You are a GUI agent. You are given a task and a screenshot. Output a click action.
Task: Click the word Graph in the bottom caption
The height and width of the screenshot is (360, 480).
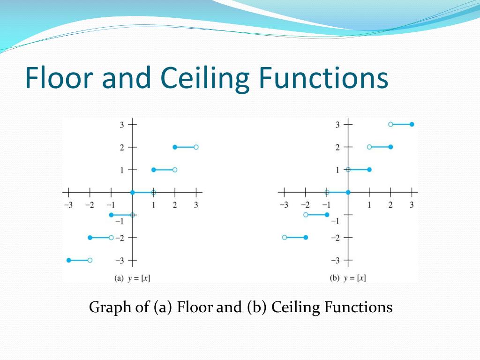[x=107, y=307]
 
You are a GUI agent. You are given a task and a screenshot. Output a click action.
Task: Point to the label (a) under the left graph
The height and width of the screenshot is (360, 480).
[x=119, y=278]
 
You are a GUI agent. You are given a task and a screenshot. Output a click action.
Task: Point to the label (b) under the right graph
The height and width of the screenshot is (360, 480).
[x=335, y=278]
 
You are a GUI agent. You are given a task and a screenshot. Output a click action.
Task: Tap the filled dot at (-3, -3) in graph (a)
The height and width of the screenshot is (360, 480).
[x=69, y=260]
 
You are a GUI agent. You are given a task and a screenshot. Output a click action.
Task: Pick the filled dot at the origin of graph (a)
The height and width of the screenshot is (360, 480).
[x=133, y=192]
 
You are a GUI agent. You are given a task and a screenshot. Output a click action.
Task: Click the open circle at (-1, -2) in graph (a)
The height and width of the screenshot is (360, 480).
[x=111, y=238]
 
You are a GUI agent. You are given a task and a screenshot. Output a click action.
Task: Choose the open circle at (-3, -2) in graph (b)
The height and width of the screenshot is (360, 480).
[x=285, y=238]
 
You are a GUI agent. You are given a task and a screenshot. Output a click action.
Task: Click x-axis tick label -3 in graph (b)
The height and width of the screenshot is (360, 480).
[x=283, y=205]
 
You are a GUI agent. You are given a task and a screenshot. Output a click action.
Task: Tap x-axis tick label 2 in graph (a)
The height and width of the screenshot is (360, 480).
[x=175, y=205]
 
